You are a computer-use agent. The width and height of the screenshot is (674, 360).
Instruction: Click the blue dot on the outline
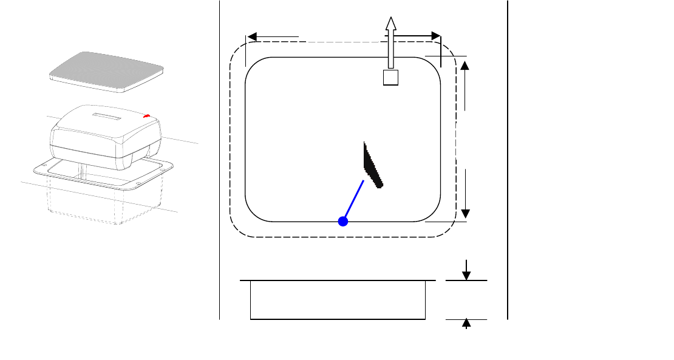click(x=342, y=222)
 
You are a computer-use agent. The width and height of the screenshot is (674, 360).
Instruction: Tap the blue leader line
click(x=353, y=200)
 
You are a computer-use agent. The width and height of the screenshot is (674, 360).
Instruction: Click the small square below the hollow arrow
click(x=390, y=77)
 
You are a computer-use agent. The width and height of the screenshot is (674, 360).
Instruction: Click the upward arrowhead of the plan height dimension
click(x=466, y=64)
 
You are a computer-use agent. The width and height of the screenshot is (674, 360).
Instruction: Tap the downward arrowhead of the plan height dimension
click(x=466, y=213)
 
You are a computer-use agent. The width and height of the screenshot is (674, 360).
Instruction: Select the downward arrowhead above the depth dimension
click(x=466, y=275)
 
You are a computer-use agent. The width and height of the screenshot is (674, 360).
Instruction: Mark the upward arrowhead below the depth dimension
click(x=466, y=323)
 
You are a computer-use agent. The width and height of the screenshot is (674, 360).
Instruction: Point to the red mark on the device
click(x=146, y=115)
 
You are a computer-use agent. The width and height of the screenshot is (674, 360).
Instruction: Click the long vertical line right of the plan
click(x=507, y=158)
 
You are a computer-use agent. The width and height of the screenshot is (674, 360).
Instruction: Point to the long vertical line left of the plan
click(x=219, y=158)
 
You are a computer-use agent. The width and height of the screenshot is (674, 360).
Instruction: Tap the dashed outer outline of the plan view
click(x=230, y=140)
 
